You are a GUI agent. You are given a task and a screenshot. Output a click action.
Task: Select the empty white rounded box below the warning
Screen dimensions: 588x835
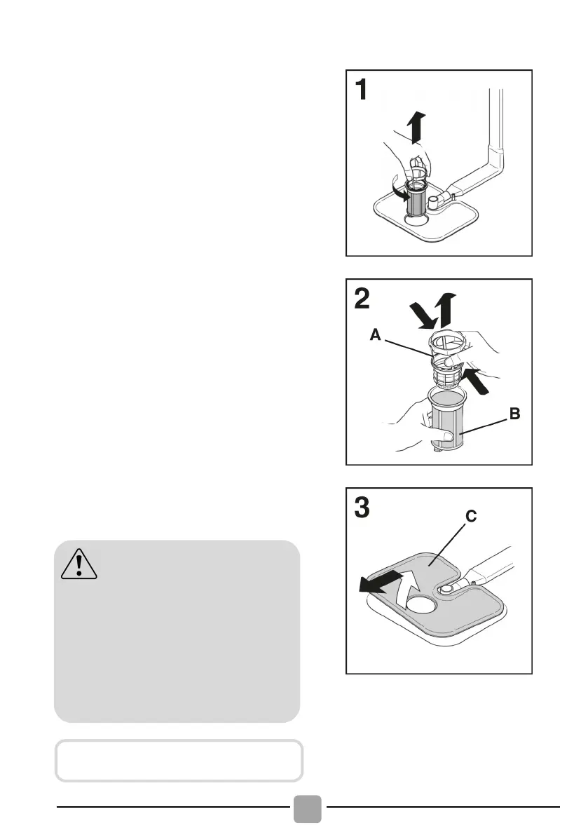click(x=179, y=760)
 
